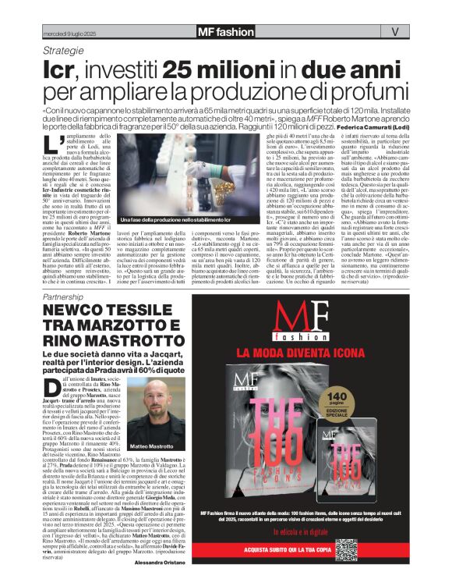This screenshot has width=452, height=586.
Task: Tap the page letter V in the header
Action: pyautogui.click(x=394, y=32)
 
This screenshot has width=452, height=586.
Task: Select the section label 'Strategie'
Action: pyautogui.click(x=64, y=50)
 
